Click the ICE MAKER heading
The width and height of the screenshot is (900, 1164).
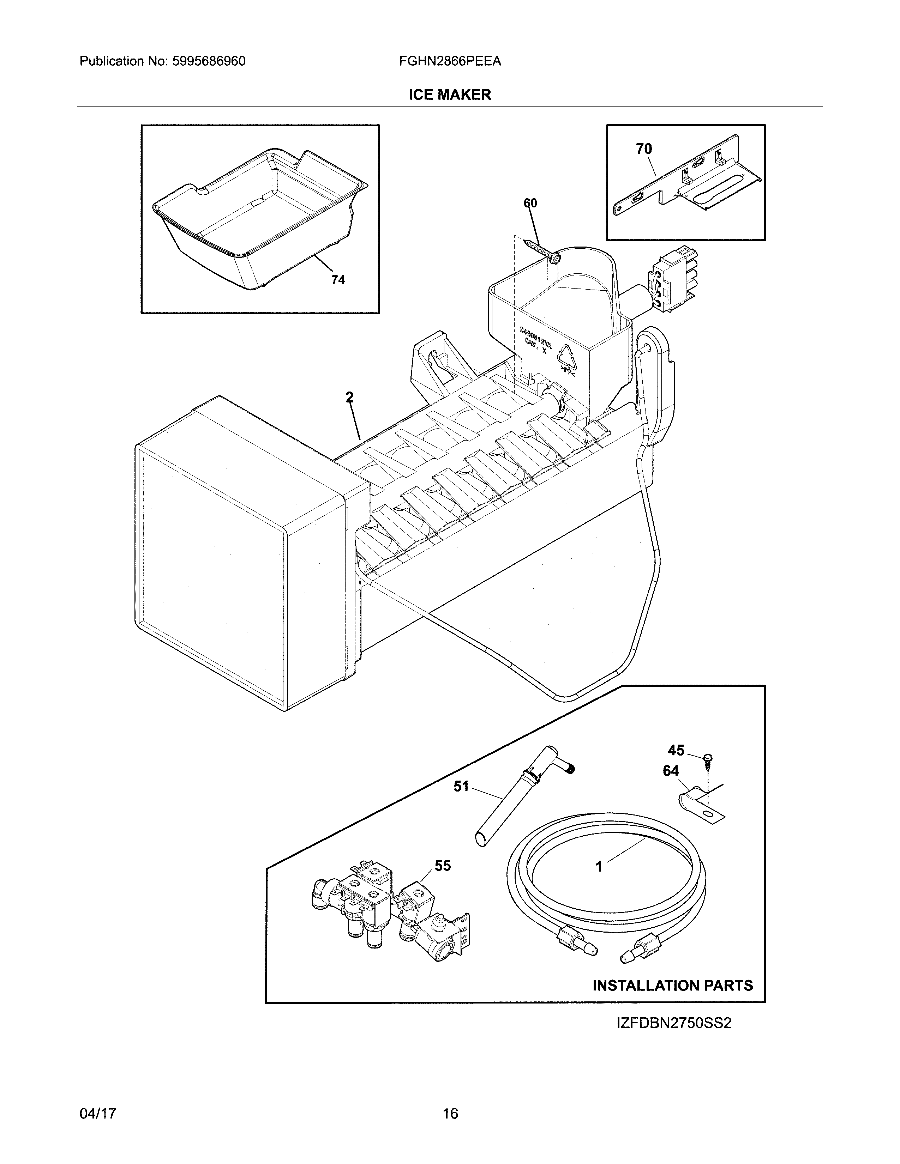(449, 95)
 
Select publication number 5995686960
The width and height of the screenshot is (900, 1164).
(209, 61)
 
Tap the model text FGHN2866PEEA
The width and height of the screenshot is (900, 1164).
(449, 61)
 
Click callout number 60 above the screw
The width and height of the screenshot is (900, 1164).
(530, 203)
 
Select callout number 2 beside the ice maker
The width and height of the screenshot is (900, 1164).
(349, 397)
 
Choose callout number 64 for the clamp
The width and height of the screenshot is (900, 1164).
(671, 771)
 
